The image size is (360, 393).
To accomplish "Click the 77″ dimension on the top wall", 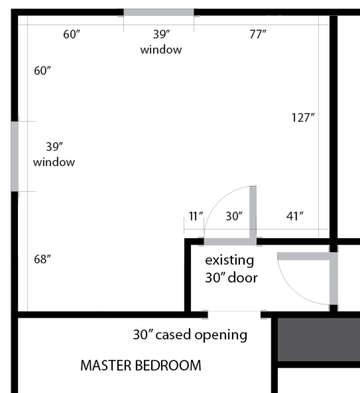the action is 257,34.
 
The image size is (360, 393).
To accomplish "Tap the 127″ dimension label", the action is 303,118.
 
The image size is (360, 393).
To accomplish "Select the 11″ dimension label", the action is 196,216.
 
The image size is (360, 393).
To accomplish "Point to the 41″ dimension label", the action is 295,216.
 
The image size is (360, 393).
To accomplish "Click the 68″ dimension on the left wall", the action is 43,259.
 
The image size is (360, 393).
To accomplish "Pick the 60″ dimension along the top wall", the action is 72,34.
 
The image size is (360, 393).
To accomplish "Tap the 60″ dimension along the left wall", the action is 43,71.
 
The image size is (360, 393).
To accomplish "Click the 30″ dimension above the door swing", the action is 234,216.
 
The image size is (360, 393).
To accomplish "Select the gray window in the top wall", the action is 159,12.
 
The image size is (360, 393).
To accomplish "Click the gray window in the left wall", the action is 15,156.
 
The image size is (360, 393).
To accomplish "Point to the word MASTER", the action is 106,365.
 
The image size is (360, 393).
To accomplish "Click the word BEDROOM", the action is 168,365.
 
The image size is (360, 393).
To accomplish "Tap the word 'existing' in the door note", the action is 229,260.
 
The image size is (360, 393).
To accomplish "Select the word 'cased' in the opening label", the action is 173,335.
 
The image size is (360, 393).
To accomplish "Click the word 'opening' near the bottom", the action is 221,335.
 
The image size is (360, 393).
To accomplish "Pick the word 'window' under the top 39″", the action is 161,50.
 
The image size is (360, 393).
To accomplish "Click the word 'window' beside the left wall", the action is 54,162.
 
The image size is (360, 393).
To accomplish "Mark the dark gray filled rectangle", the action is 319,340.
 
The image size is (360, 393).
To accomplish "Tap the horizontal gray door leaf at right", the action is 303,256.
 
